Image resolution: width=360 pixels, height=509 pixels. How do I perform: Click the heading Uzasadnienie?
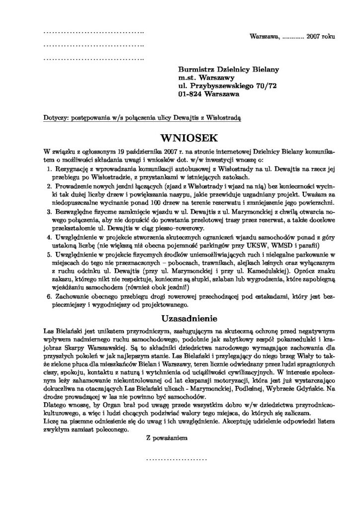point(180,317)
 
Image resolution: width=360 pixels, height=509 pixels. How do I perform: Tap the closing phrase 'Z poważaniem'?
point(166,438)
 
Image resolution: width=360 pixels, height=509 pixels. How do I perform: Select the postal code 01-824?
point(191,93)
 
